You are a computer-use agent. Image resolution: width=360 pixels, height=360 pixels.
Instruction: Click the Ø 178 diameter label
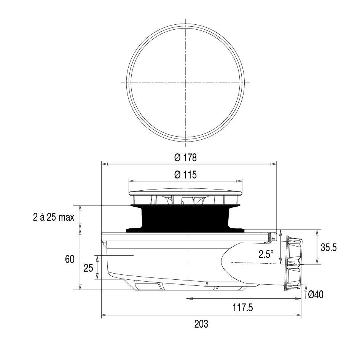coord(185,158)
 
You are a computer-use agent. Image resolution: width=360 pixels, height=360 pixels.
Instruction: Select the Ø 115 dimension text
coord(185,175)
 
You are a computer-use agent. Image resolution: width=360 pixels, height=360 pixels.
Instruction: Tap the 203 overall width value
coord(201,324)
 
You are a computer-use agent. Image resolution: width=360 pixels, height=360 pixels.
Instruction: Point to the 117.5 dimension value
coord(243,307)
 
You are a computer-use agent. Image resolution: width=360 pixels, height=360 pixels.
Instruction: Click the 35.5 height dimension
coord(328,247)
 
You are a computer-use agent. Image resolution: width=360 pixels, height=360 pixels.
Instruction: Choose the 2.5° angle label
coord(266,254)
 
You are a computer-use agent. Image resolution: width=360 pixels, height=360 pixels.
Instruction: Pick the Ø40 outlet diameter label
coord(315,295)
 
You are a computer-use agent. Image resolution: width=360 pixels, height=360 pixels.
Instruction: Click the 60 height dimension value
coord(70,260)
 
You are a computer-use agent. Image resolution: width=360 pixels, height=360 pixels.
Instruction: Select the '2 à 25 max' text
coord(54,217)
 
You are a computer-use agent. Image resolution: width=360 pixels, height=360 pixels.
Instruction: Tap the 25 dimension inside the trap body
coord(88,268)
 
